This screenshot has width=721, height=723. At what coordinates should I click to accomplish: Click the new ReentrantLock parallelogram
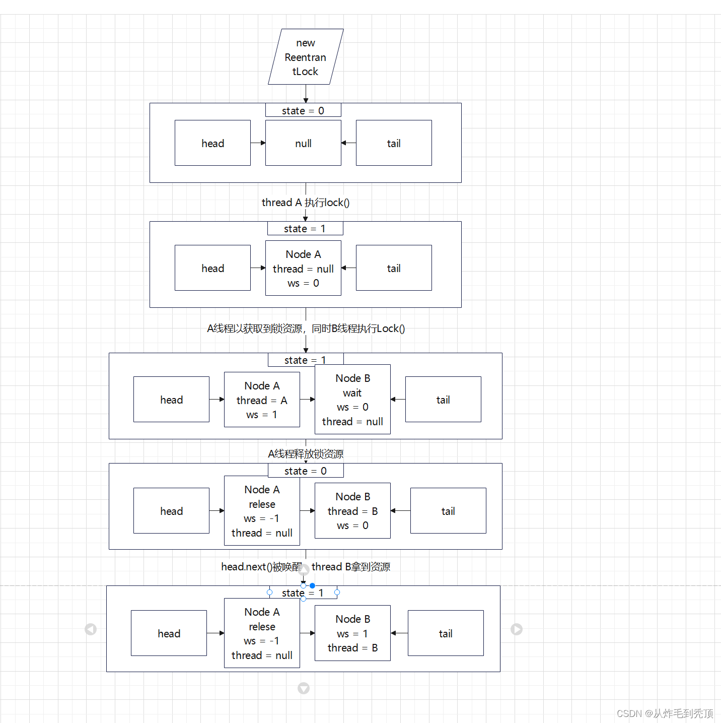point(306,57)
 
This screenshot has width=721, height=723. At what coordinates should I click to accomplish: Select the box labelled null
point(303,143)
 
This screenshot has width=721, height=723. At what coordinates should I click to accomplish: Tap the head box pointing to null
point(212,143)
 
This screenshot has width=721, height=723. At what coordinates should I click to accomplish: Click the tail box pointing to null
point(394,143)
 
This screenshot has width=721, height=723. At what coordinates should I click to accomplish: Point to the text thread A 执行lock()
point(306,203)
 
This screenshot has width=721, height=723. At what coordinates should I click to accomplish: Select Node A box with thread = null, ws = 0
point(303,268)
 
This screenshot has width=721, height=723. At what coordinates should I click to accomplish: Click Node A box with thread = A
point(262,400)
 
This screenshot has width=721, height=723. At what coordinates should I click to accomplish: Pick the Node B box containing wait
point(352,400)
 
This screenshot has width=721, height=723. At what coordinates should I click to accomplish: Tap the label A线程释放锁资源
point(306,454)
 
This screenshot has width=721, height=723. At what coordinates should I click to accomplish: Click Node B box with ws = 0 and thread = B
point(352,511)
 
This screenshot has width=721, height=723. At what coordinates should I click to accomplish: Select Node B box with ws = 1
point(352,633)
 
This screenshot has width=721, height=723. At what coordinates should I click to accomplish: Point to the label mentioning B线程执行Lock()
point(306,328)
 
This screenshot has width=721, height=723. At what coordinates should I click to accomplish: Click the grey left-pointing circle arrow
point(91,629)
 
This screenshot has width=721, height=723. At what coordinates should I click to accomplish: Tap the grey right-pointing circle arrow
point(517,629)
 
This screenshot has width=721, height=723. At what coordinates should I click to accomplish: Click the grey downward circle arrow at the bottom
point(304,688)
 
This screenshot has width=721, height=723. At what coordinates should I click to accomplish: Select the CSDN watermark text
point(665,713)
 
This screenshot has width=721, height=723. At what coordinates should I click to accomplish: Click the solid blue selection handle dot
point(313,585)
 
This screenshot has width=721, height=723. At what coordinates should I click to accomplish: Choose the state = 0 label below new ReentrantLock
point(303,110)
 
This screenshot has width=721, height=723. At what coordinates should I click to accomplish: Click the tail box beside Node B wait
point(443,400)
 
